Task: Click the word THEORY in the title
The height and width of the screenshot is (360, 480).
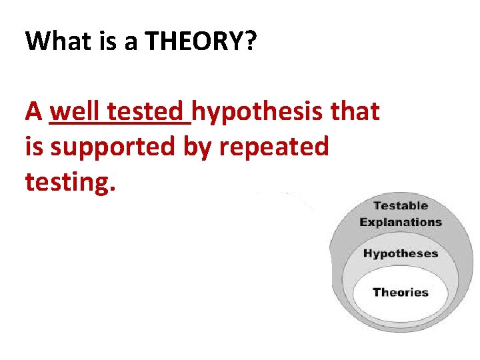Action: pyautogui.click(x=193, y=42)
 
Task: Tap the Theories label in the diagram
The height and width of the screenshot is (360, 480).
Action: pyautogui.click(x=400, y=292)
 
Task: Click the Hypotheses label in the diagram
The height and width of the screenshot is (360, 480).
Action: pyautogui.click(x=400, y=253)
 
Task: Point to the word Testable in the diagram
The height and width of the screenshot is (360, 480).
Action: pyautogui.click(x=400, y=205)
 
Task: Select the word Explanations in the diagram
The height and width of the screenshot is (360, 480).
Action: pyautogui.click(x=400, y=222)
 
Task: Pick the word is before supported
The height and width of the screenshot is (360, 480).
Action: pyautogui.click(x=33, y=145)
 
